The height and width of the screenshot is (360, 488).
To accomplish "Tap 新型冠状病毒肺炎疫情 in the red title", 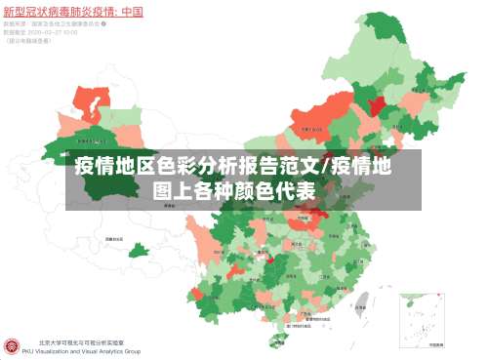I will (55, 13).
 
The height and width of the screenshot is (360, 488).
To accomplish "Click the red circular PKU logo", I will (13, 346).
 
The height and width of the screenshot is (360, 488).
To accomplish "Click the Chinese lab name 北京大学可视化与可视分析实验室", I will (80, 341).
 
